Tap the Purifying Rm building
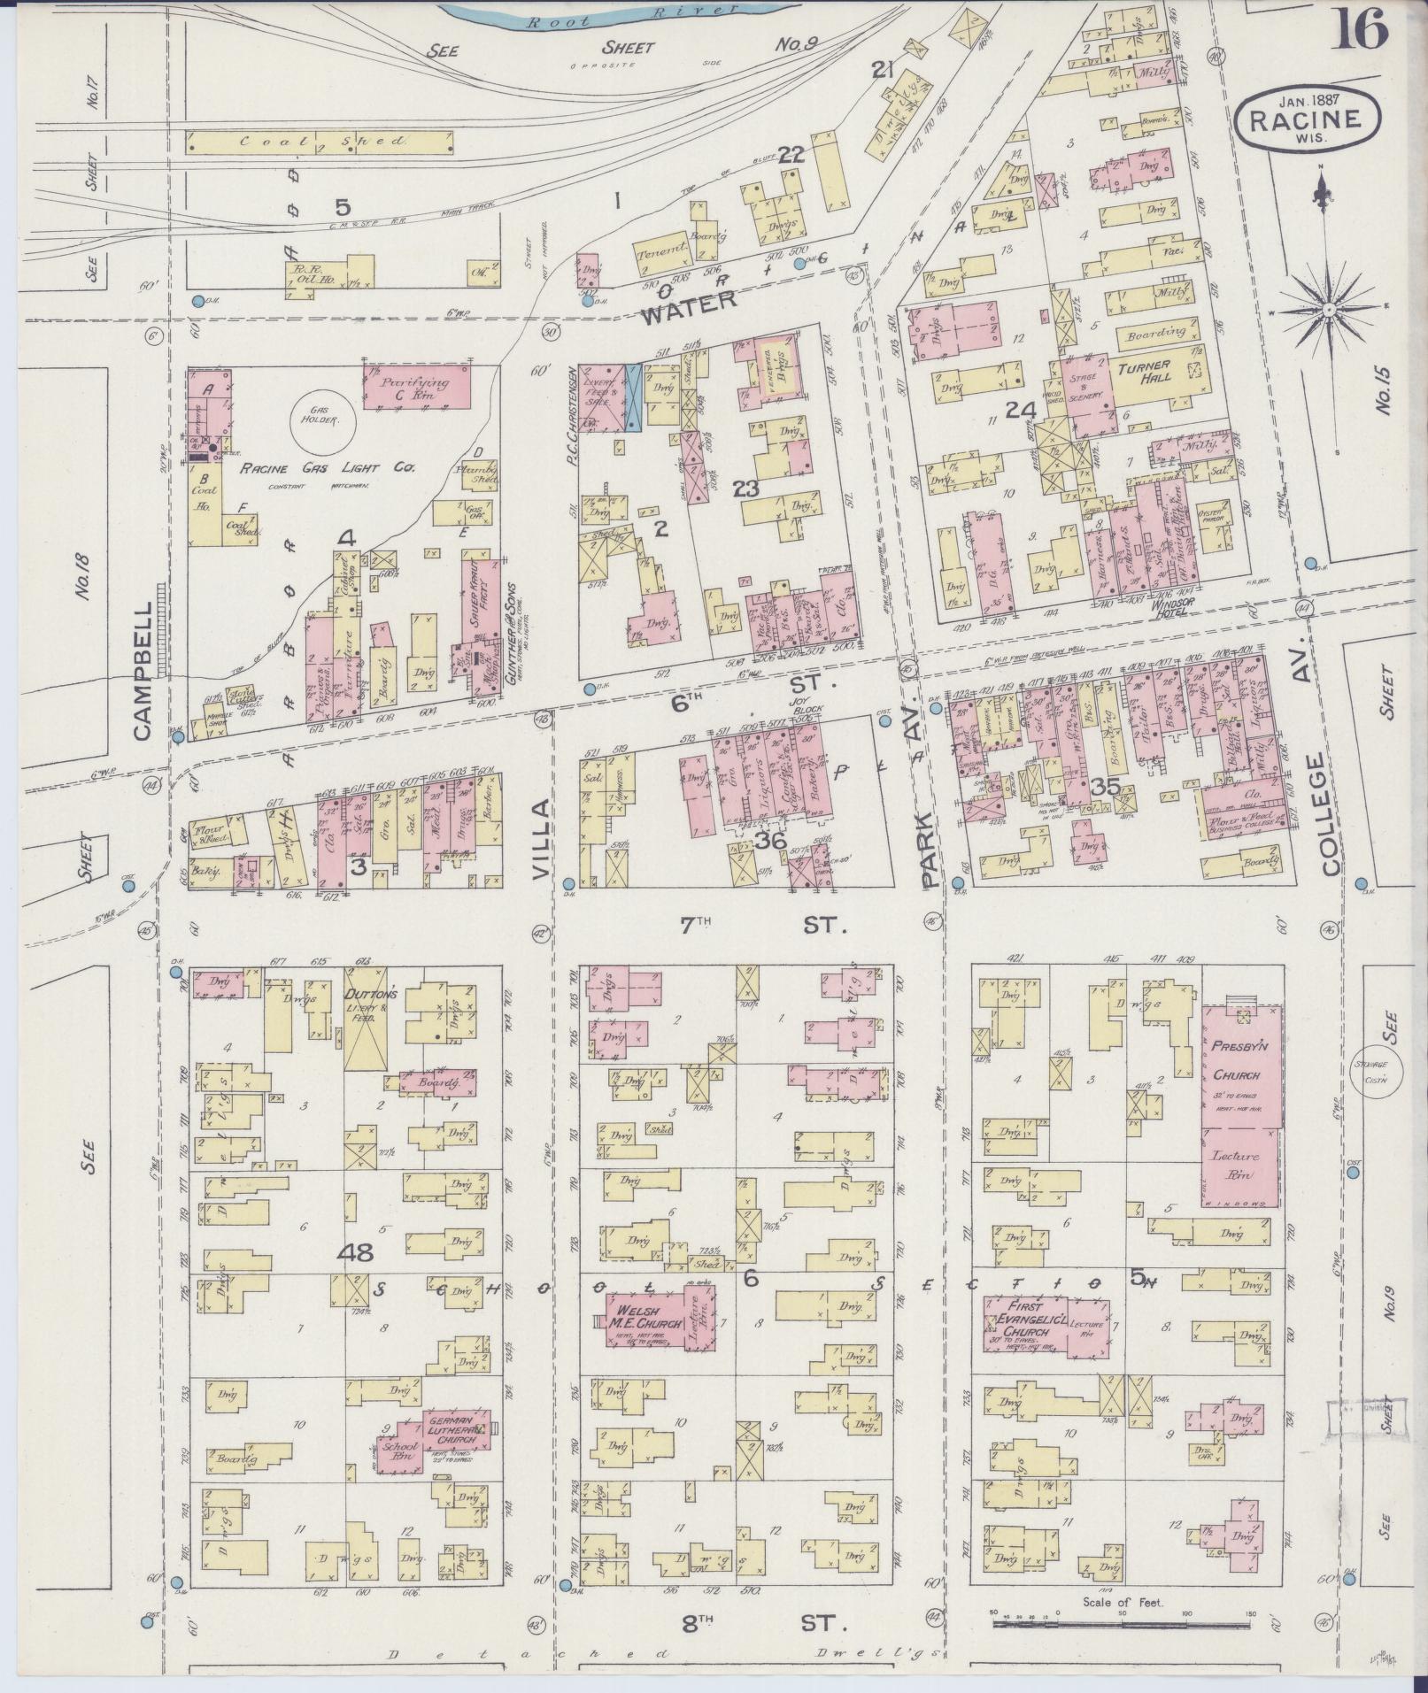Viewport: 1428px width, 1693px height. pyautogui.click(x=416, y=385)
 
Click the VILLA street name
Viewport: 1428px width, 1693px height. pyautogui.click(x=542, y=836)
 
